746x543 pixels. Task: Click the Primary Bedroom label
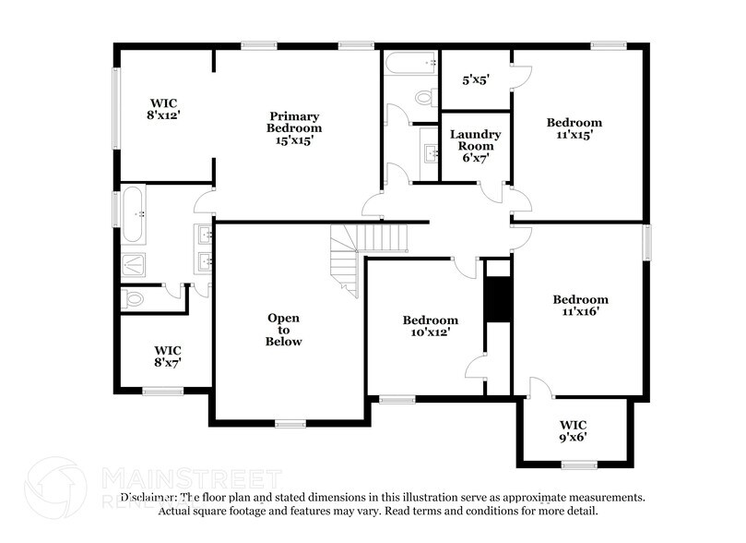coord(295,128)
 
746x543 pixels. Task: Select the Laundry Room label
coord(475,146)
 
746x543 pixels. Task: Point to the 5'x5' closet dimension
coord(475,79)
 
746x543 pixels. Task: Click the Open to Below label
coord(283,330)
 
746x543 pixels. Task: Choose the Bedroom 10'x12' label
coord(430,326)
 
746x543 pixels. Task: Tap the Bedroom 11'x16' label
coord(580,306)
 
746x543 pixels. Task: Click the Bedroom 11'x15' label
coord(574,128)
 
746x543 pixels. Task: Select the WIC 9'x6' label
coord(573,431)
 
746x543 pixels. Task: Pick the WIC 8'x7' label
coord(167,356)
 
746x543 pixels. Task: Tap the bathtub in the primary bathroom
coord(134,213)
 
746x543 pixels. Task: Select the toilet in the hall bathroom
coord(424,96)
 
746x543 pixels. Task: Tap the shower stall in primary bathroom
coord(134,265)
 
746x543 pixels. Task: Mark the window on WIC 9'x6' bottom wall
coord(579,464)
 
